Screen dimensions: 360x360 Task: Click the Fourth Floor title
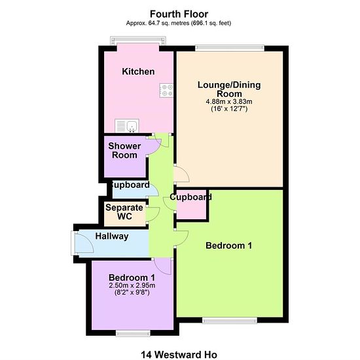pos(179,14)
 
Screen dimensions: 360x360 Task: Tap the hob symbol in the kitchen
pos(166,90)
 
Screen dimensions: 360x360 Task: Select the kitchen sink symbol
pos(127,126)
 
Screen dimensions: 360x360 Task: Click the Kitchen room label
pos(138,71)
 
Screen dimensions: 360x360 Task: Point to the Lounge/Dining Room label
pos(229,89)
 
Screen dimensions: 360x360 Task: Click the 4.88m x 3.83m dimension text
pos(229,101)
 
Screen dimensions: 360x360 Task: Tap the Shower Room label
pos(124,151)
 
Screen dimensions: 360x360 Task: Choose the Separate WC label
pos(124,211)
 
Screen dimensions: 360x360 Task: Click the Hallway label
pos(112,236)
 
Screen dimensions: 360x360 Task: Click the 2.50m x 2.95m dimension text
pos(132,285)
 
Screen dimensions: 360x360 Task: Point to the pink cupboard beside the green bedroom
pos(191,204)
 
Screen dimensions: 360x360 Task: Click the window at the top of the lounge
pos(230,48)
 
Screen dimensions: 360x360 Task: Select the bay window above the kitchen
pos(138,41)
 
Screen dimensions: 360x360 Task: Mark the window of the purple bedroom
pos(133,333)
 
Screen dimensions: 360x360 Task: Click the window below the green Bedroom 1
pos(230,320)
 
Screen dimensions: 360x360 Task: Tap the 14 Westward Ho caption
pos(179,355)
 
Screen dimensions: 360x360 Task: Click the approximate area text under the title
pos(179,23)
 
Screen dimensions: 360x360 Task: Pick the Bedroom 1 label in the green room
pos(228,245)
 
